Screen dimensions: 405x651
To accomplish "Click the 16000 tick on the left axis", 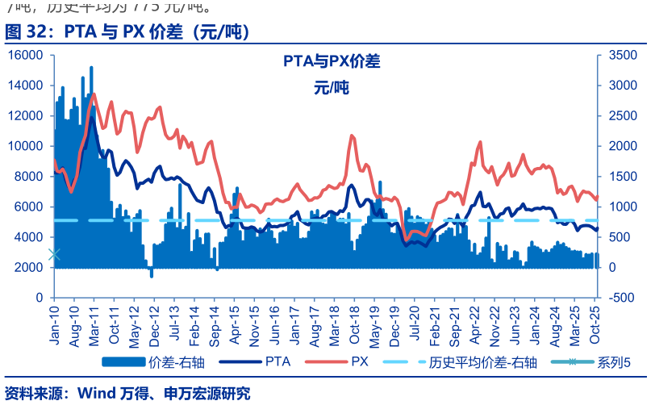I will coord(27,55).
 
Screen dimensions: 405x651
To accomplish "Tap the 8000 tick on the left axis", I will coord(30,176).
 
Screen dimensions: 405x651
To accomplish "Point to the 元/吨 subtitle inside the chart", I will coord(331,89).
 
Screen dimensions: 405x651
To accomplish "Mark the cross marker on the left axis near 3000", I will coord(54,254).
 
